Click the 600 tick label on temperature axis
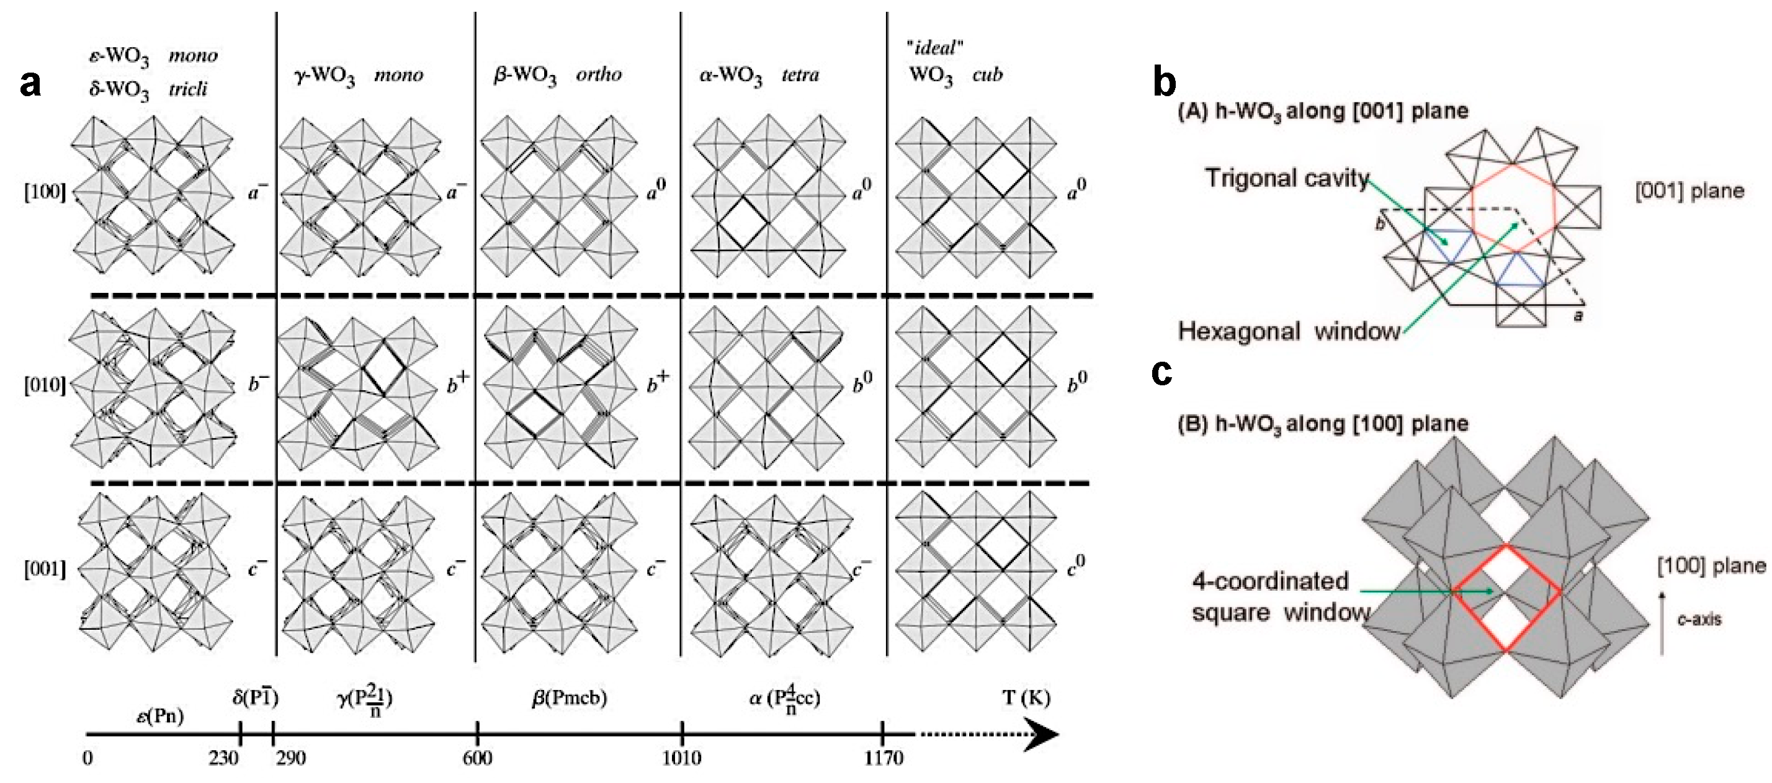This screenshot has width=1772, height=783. [477, 758]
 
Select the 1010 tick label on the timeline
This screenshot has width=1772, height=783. [682, 758]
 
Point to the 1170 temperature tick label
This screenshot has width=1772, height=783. [884, 758]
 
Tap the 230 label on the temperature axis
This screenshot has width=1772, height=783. [223, 758]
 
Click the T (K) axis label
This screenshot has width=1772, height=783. [1026, 697]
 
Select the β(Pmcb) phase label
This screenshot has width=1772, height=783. [569, 697]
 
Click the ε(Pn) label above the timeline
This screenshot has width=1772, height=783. [159, 716]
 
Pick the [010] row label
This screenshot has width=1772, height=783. [45, 385]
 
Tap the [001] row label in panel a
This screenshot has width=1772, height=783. [45, 570]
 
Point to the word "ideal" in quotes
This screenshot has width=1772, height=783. [935, 48]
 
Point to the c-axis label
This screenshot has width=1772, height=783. [1698, 619]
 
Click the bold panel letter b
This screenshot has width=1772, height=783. [1164, 83]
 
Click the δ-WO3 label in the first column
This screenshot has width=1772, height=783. [119, 90]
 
